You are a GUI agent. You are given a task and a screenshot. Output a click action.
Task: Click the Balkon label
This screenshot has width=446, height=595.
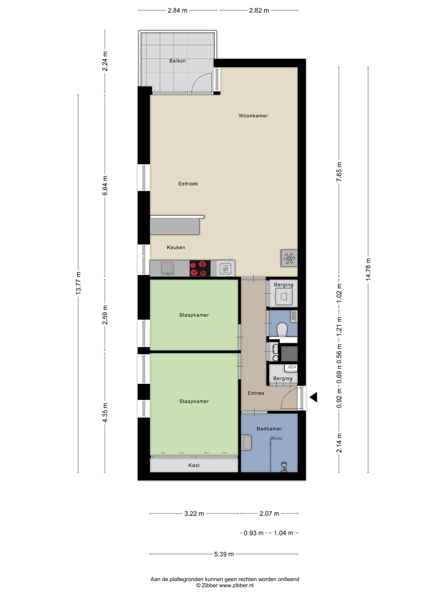tap(177, 61)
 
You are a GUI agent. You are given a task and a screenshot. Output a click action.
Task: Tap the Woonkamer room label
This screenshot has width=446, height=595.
tap(253, 116)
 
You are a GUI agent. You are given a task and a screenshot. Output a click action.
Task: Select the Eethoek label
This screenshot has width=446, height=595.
tap(188, 184)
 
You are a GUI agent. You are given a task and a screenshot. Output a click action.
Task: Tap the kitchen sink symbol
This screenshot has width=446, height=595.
tap(167, 268)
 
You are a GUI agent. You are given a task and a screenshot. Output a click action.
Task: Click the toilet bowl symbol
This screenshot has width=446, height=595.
tap(282, 329)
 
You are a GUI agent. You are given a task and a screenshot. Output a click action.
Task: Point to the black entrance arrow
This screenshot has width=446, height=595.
tap(313, 397)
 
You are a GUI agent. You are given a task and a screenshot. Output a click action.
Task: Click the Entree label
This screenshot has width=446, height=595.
tap(256, 393)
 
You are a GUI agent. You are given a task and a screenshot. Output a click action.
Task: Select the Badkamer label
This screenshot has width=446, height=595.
tap(269, 428)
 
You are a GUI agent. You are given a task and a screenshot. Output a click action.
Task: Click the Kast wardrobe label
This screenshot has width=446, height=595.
tap(194, 465)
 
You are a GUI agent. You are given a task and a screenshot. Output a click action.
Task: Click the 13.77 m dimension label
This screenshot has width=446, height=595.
tap(78, 283)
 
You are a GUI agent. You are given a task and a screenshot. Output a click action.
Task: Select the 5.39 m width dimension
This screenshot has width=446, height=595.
tap(224, 554)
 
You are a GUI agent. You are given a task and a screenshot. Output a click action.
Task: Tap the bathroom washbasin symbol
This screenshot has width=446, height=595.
tap(246, 443)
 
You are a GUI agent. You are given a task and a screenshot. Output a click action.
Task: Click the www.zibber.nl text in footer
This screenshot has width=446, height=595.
tap(236, 585)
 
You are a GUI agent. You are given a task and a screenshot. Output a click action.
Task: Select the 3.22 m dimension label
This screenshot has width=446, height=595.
tap(194, 513)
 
